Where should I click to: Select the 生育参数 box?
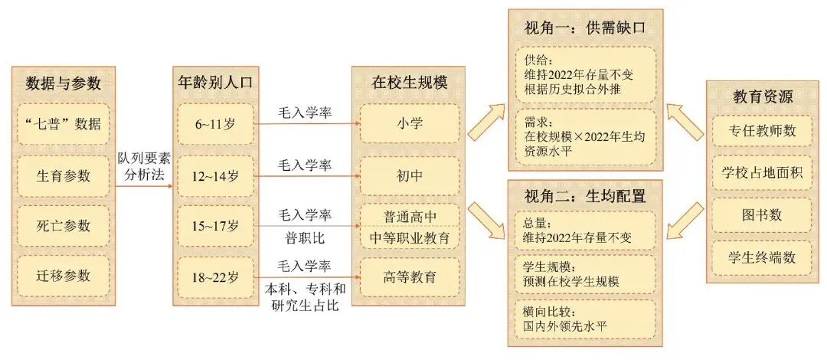coord(64,175)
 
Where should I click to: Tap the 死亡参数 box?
coord(64,226)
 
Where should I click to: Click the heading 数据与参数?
coord(64,83)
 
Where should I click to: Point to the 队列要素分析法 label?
coord(144,165)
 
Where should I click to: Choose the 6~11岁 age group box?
coord(217,123)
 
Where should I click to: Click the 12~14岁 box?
coord(217,175)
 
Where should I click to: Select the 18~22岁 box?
coord(217,276)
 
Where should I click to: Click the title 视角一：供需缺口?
coord(586,28)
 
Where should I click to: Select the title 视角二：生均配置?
coord(586,195)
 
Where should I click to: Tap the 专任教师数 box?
coord(762,131)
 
